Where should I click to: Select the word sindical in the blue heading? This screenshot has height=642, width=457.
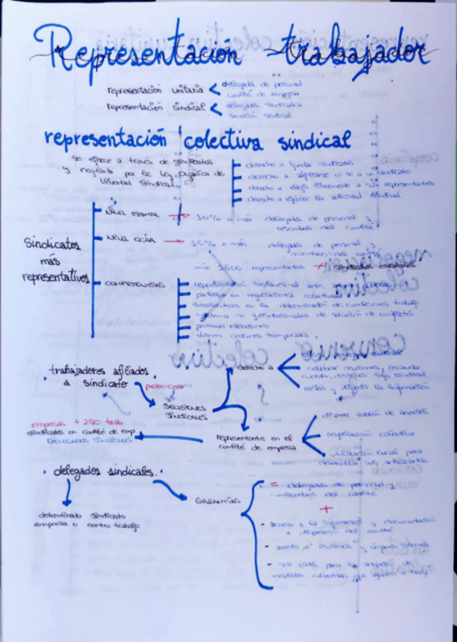coord(315,140)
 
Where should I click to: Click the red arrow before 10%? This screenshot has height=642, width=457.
coord(179,216)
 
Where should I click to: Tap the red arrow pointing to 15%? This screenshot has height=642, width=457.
coord(174,242)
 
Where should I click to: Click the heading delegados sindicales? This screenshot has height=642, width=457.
coord(103,471)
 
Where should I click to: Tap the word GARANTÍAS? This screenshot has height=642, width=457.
coord(218,501)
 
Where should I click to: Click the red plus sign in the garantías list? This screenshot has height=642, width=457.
coord(327,509)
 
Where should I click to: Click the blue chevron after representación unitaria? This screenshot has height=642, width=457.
coord(215,90)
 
